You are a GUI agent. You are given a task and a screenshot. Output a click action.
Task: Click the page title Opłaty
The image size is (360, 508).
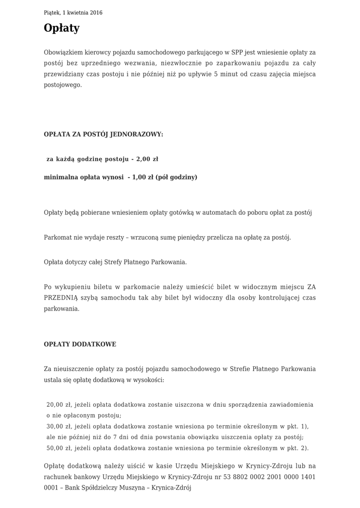pyautogui.click(x=62, y=28)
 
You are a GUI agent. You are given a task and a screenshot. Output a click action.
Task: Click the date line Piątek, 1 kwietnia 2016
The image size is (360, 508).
pyautogui.click(x=73, y=13)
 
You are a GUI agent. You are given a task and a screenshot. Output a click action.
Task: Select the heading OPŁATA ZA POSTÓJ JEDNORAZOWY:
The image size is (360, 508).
pyautogui.click(x=103, y=134)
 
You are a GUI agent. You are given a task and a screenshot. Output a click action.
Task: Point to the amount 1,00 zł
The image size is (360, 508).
pyautogui.click(x=143, y=177)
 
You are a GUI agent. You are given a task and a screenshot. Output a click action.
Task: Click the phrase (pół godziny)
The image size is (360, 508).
pyautogui.click(x=176, y=177)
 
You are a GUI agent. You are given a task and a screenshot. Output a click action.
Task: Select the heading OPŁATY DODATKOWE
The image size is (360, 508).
pyautogui.click(x=80, y=344)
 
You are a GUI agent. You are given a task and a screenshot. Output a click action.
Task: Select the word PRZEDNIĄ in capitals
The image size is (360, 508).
pyautogui.click(x=60, y=298)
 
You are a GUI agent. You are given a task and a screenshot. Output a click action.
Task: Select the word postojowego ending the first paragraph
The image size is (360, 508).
pyautogui.click(x=62, y=85)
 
